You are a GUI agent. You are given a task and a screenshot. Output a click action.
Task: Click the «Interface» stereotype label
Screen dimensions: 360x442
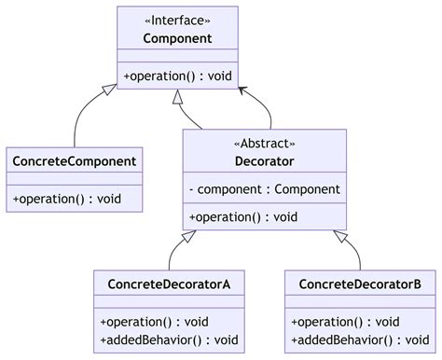click(177, 20)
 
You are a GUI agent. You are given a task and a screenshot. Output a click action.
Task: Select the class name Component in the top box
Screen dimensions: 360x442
click(177, 38)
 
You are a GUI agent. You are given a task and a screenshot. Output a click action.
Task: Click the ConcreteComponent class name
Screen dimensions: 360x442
click(75, 161)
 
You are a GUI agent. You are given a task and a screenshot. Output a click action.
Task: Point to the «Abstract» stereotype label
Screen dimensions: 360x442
click(264, 144)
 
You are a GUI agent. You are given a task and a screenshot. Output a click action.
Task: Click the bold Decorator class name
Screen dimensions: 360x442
click(264, 161)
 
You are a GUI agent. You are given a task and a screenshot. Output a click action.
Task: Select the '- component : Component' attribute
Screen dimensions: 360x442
click(264, 189)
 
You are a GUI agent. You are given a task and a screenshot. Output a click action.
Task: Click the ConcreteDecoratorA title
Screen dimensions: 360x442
click(169, 284)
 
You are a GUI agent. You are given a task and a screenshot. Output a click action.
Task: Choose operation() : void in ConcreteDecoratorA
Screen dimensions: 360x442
click(154, 321)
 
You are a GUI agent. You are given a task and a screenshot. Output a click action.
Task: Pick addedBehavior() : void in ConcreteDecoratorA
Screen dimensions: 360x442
click(169, 339)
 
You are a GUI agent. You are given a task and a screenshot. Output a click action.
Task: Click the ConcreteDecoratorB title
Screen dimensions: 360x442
click(360, 284)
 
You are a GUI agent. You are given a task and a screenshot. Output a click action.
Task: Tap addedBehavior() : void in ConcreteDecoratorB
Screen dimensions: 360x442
click(360, 339)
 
